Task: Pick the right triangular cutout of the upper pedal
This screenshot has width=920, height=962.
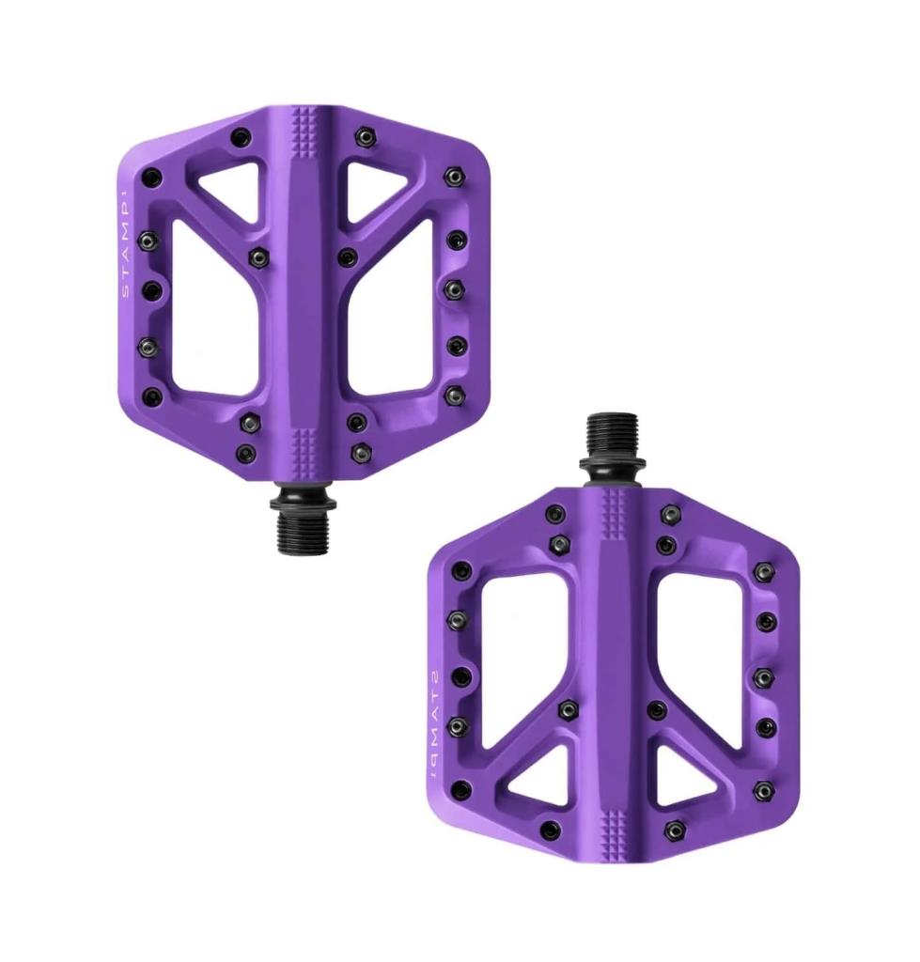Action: [x=377, y=187]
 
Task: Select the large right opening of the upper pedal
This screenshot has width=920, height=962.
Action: [x=392, y=319]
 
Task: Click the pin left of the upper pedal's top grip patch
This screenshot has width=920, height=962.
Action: [x=242, y=135]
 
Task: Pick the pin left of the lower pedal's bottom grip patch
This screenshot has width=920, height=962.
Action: [x=551, y=830]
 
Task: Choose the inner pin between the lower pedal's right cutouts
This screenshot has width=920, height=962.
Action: [x=656, y=709]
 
